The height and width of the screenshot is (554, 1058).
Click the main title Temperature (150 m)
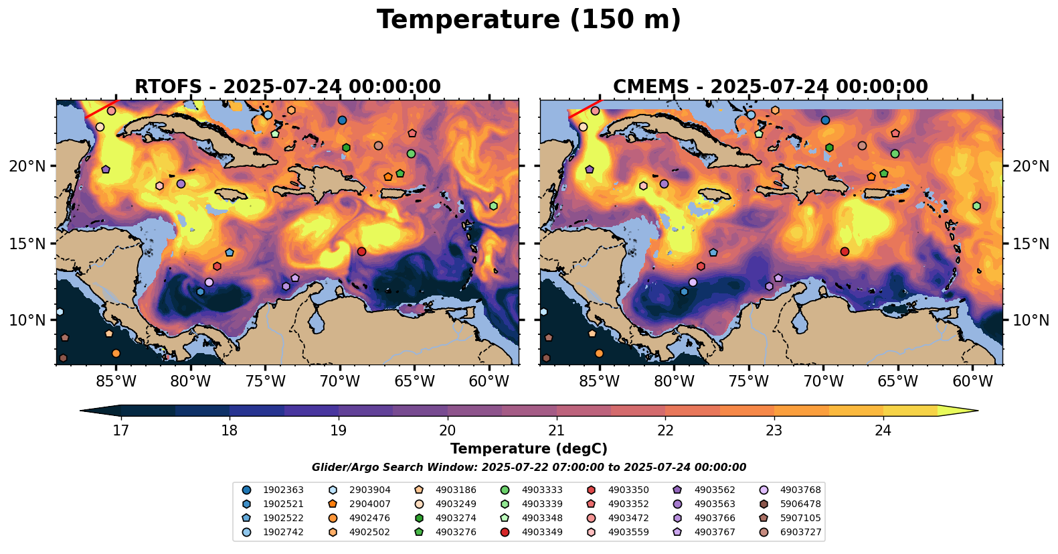529,20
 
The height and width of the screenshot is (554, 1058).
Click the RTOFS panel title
288,87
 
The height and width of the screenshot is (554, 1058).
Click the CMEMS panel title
770,87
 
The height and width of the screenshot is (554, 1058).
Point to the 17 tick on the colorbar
120,430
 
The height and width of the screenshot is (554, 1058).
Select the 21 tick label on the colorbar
557,430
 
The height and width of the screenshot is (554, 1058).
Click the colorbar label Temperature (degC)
529,449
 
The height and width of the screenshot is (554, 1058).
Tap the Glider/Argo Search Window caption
529,468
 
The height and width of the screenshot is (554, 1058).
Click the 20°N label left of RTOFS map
27,166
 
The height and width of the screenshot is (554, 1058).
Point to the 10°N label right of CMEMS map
1031,320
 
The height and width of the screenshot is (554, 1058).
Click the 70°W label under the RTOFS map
340,382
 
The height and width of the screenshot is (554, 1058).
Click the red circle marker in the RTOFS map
361,252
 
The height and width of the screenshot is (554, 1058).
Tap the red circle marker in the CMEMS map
845,252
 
